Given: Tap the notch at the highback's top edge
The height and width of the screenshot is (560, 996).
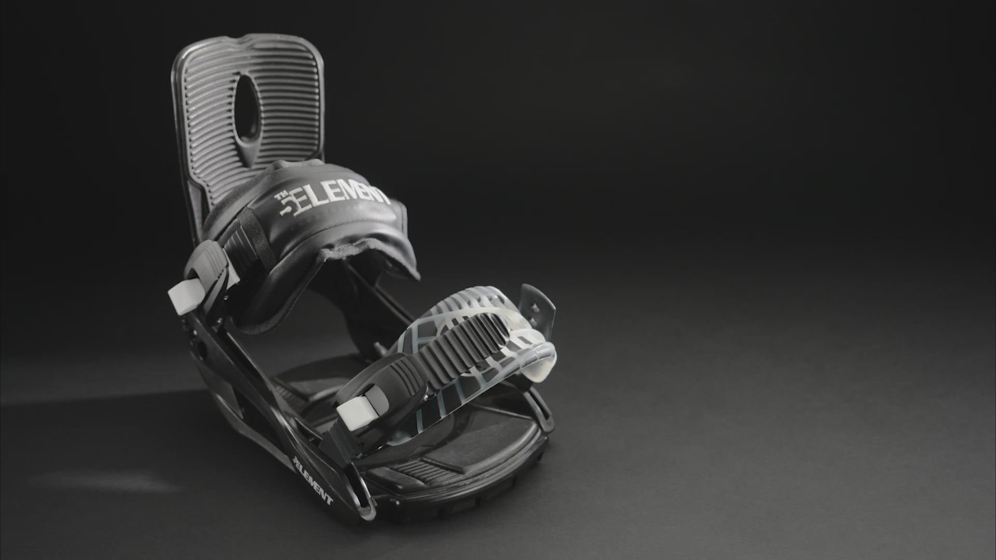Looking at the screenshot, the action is tap(255, 40).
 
